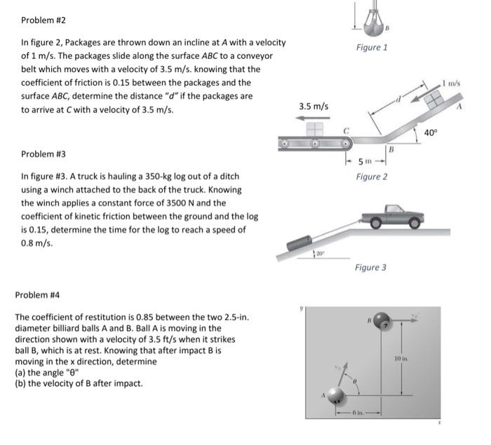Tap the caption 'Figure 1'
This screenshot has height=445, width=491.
372,48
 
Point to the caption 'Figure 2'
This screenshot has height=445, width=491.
372,177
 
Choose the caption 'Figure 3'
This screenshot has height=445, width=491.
370,268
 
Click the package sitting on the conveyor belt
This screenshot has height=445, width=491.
314,130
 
